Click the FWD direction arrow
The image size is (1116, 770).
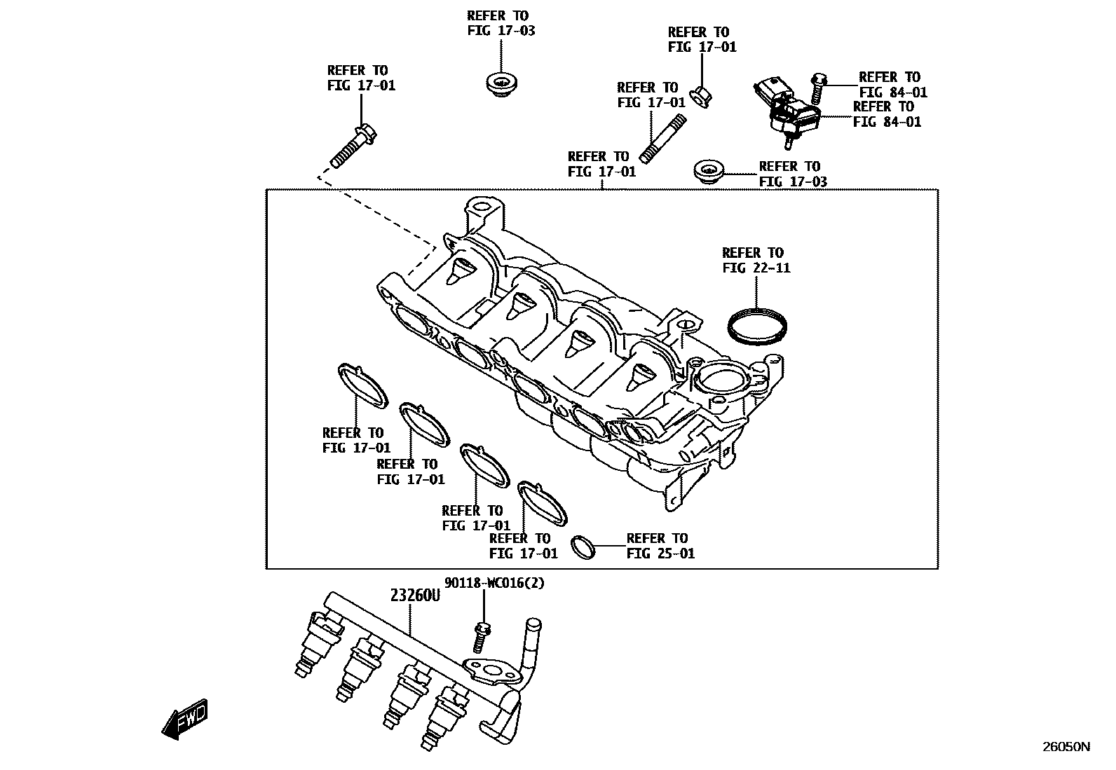click(184, 719)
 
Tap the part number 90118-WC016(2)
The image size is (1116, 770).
click(494, 583)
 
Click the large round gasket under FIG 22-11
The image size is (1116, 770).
click(756, 326)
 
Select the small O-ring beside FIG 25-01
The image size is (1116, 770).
click(583, 546)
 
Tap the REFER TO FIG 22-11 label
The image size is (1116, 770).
click(756, 260)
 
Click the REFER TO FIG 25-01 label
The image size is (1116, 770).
click(660, 546)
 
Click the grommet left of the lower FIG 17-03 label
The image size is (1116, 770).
click(708, 171)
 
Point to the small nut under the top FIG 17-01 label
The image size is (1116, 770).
click(701, 97)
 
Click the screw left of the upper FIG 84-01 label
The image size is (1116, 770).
click(817, 87)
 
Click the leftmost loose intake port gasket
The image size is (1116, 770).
click(362, 385)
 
